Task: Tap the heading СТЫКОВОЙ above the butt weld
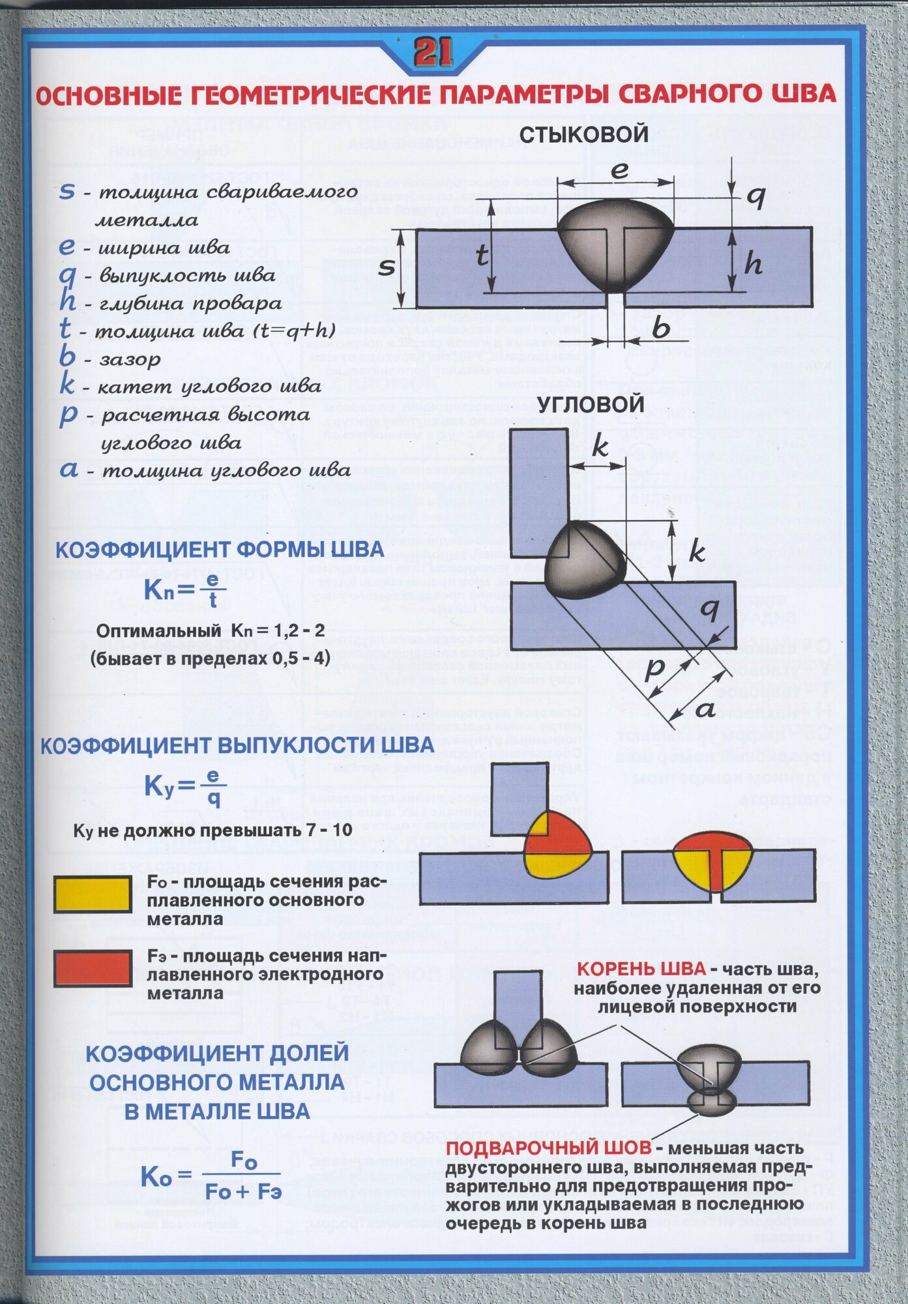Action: [x=583, y=134]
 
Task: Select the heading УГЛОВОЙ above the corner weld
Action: [x=591, y=404]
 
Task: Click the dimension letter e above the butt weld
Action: [x=619, y=171]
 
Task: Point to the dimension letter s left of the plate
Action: [x=387, y=266]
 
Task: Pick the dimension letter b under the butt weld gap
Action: [x=660, y=327]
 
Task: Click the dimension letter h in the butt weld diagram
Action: [x=753, y=264]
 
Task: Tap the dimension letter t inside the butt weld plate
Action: [x=482, y=256]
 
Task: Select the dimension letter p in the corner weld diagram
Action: [x=654, y=670]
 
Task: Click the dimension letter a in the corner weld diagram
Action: [x=705, y=709]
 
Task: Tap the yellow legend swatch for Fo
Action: [x=93, y=894]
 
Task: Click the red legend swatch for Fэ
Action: [x=93, y=968]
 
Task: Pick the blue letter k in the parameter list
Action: [x=66, y=385]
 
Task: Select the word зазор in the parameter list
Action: [x=130, y=359]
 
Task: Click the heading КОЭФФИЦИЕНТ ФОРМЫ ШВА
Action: [x=220, y=550]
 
